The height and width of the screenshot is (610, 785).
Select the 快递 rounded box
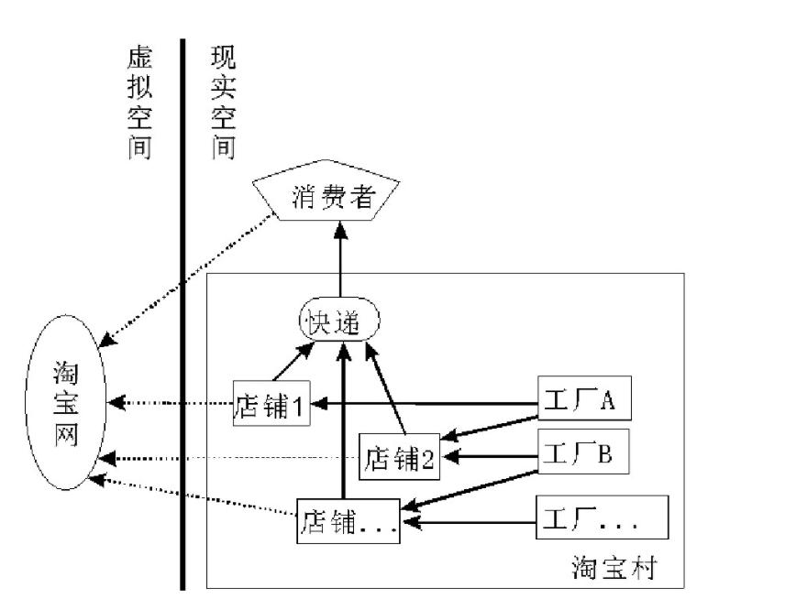[339, 321]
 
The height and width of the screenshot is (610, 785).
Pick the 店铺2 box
[399, 455]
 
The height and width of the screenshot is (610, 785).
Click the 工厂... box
[602, 521]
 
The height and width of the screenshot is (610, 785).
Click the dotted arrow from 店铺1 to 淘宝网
[170, 402]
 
